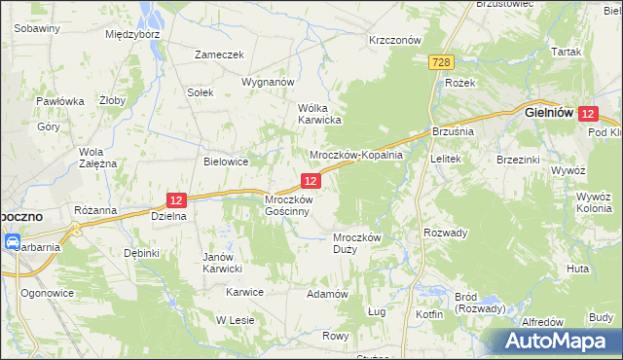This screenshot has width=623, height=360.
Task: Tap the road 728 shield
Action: click(x=441, y=62)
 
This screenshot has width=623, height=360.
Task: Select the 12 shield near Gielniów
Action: click(x=587, y=114)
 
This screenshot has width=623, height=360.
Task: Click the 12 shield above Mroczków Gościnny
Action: click(x=311, y=180)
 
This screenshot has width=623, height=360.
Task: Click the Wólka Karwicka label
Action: click(x=318, y=114)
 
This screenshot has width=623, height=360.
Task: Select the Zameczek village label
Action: click(x=219, y=55)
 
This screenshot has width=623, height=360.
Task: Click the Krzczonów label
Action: click(x=394, y=40)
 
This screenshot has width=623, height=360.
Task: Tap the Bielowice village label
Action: click(x=227, y=162)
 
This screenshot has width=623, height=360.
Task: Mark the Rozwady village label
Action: click(x=447, y=233)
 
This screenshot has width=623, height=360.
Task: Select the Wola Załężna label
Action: click(x=97, y=158)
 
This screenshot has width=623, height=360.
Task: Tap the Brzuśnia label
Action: click(x=452, y=130)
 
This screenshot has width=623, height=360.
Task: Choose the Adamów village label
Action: click(x=327, y=293)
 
